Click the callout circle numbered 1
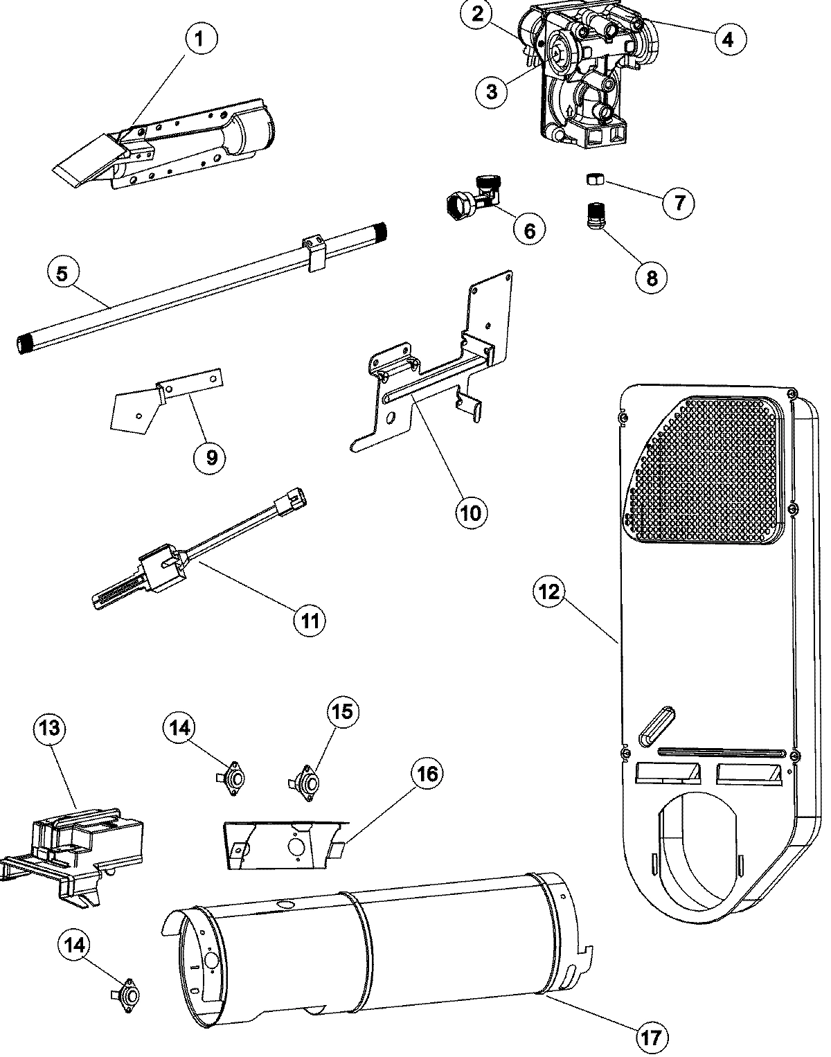point(199,40)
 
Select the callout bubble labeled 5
point(62,273)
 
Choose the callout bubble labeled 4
point(726,39)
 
